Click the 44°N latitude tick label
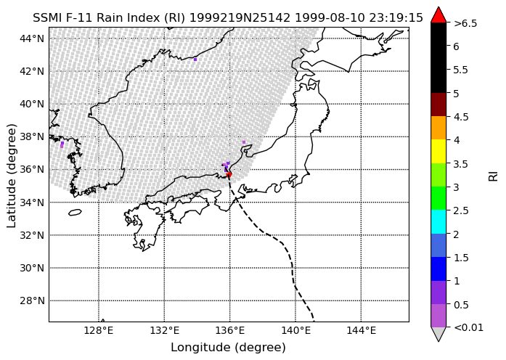32,38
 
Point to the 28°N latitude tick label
32,301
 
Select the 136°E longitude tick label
229,331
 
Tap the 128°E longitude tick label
99,331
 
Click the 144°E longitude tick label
361,331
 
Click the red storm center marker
229,174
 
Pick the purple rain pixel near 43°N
195,60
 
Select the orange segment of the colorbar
438,128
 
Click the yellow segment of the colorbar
438,151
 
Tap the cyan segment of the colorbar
438,221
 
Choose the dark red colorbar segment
438,105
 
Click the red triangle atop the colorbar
438,16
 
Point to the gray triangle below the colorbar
438,333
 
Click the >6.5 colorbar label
465,23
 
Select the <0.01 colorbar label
468,328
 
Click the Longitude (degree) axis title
229,348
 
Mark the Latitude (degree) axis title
11,176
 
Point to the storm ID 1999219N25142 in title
240,17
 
